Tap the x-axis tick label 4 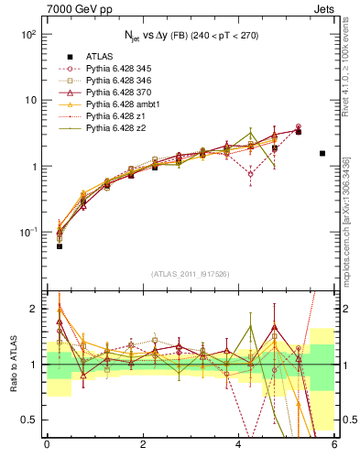(238, 444)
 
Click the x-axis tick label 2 (143, 444)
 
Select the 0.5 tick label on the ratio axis (31, 420)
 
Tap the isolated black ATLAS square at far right (322, 153)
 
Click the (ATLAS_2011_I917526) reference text (191, 273)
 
